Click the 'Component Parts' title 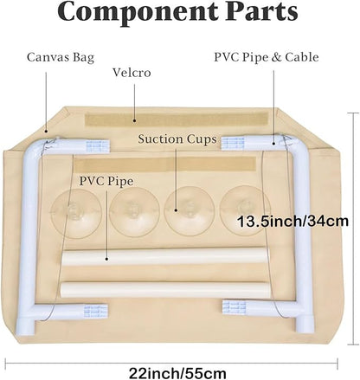177,11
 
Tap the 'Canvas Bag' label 61,57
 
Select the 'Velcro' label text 132,73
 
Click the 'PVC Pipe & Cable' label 267,57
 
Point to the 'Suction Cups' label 177,139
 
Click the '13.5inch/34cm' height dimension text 292,222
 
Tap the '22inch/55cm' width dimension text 177,373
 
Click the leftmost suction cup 76,213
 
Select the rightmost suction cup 245,210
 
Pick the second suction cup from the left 134,212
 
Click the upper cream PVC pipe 164,256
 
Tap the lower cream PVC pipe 166,290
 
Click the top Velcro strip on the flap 177,119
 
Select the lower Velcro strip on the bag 164,164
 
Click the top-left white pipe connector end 98,146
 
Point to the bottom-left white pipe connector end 96,311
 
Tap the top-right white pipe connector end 233,144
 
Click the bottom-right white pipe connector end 235,307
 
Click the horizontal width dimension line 171,364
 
